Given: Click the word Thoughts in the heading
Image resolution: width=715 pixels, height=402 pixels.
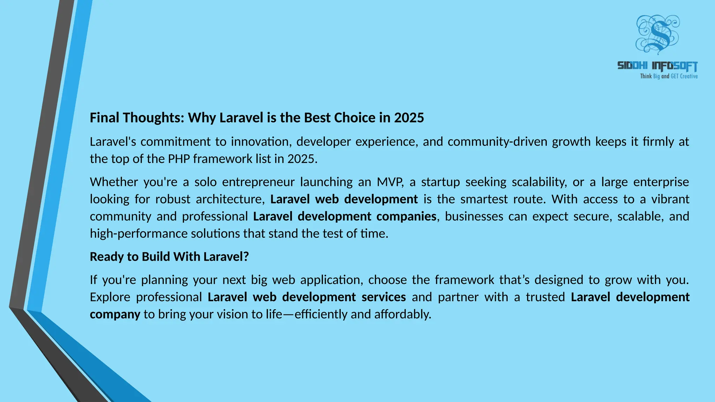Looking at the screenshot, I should point(153,118).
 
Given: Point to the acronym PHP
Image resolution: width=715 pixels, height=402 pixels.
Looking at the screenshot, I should point(179,159).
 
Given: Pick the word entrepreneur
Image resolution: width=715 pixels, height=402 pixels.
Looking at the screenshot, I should point(258,182).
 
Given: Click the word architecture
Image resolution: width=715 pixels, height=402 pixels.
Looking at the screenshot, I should point(230,199).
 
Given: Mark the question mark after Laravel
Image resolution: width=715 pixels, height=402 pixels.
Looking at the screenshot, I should point(246,257).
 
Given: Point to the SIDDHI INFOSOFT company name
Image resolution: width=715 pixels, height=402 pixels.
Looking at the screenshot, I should point(657,66).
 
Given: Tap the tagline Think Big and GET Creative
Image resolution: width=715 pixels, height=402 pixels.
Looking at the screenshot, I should point(669,76).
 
